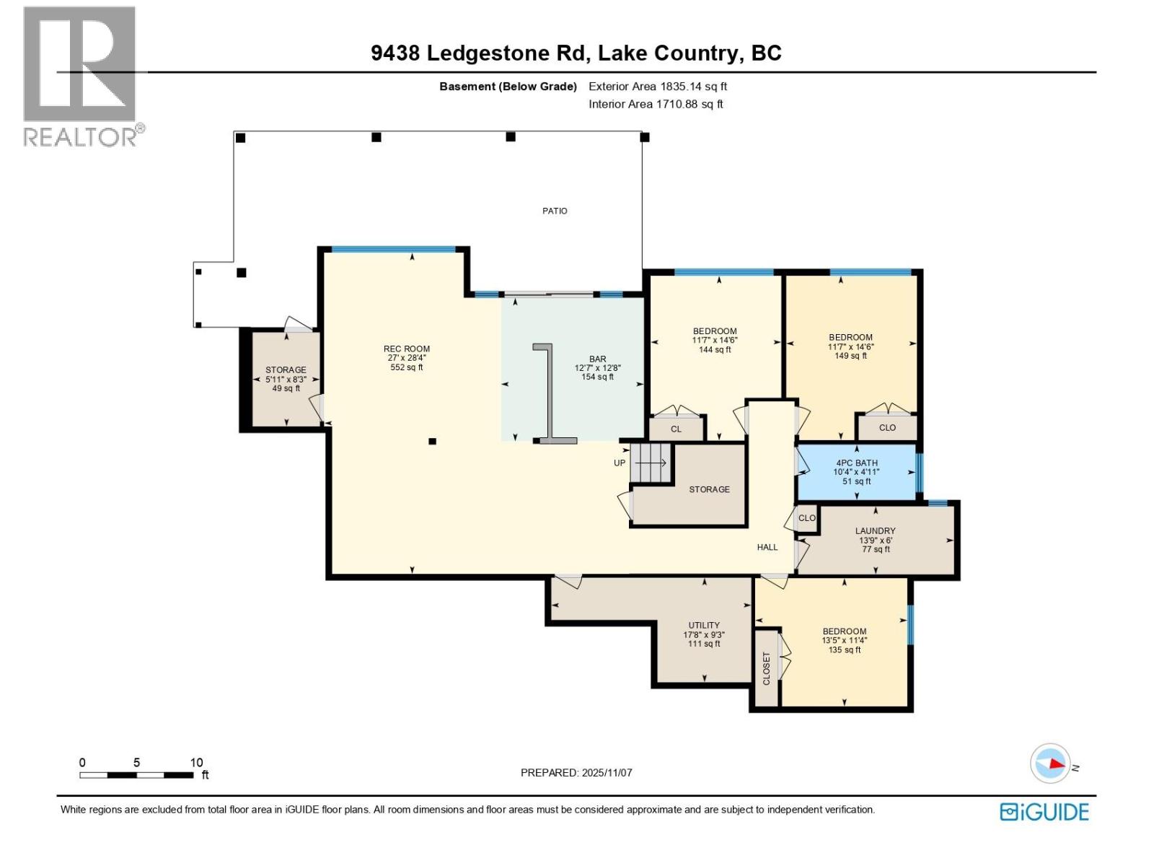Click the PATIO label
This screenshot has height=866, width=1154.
(x=555, y=211)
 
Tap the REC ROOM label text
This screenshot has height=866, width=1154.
(x=407, y=349)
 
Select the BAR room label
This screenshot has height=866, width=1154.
(x=597, y=359)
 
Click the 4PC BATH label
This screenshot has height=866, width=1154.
(x=856, y=463)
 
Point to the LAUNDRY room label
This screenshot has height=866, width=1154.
(x=875, y=531)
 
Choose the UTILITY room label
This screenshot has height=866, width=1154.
(x=703, y=626)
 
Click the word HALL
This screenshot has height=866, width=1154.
(x=767, y=547)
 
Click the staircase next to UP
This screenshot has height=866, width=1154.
(x=651, y=463)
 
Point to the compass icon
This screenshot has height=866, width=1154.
(x=1050, y=764)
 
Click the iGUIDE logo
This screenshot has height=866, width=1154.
(x=1044, y=812)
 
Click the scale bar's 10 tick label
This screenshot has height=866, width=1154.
(x=196, y=763)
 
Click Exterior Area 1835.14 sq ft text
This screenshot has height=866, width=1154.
(x=657, y=87)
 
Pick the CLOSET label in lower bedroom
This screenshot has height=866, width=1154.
(x=767, y=668)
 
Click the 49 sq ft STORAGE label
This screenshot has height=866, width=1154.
(x=286, y=379)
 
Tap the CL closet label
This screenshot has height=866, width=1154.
(x=676, y=429)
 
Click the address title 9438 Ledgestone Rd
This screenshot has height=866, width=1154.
(x=576, y=53)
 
